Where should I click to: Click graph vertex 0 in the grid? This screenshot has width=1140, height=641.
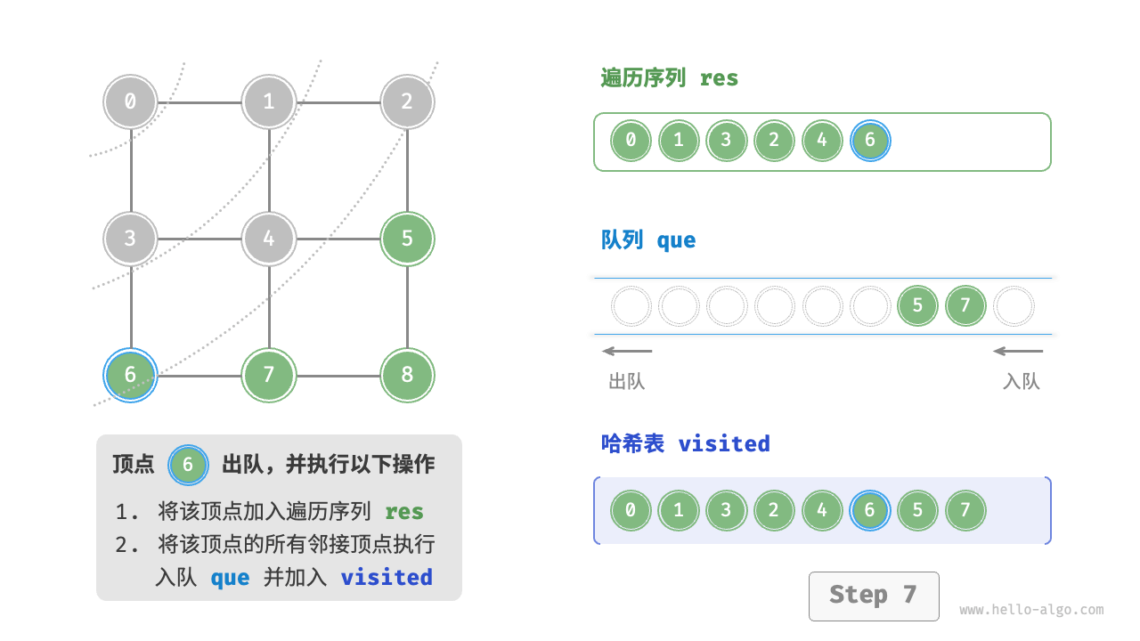[131, 101]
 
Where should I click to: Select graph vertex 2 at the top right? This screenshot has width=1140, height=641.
[407, 101]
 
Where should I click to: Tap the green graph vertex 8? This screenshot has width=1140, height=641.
[407, 375]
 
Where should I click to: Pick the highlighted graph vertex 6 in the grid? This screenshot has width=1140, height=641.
[131, 375]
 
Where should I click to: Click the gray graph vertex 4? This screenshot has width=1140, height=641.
[269, 239]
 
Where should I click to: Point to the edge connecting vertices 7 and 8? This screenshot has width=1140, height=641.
[338, 375]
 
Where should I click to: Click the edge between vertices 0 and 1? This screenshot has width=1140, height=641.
[200, 101]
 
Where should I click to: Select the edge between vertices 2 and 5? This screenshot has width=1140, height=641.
[407, 170]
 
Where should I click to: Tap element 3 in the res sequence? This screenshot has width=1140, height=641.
[727, 141]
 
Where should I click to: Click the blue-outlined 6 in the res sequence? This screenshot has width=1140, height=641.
[870, 141]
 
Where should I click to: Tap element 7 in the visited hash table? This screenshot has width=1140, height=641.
[965, 511]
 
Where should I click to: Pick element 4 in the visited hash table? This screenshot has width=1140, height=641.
[822, 511]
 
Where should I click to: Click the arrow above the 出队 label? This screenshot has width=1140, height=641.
[627, 351]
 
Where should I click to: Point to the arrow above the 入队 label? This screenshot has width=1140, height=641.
[1018, 351]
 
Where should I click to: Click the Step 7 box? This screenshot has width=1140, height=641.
[873, 596]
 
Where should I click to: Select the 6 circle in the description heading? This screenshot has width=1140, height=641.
[188, 465]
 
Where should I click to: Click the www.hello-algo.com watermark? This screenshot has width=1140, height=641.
[1031, 611]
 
